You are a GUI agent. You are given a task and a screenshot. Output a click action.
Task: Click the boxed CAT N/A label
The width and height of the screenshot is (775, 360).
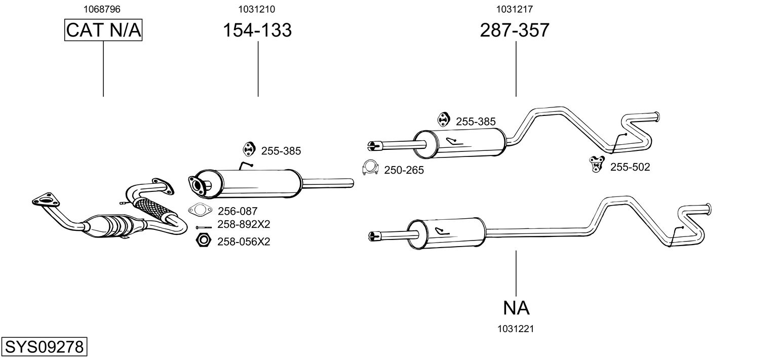pyautogui.click(x=103, y=30)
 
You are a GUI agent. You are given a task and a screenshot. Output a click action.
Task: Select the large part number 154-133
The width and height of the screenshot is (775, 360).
pyautogui.click(x=257, y=30)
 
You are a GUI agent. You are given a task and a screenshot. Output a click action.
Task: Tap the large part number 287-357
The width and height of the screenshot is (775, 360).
pyautogui.click(x=515, y=30)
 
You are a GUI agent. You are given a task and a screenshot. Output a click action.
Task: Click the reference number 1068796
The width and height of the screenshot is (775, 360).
pyautogui.click(x=102, y=9)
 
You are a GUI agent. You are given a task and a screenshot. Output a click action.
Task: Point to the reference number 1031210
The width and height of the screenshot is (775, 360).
pyautogui.click(x=256, y=9)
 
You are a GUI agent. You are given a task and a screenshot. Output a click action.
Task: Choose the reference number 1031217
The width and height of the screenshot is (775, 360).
pyautogui.click(x=515, y=9)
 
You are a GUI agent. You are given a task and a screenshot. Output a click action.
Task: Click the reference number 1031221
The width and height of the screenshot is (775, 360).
pyautogui.click(x=516, y=329)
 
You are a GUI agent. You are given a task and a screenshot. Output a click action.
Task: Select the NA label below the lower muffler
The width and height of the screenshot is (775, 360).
pyautogui.click(x=516, y=308)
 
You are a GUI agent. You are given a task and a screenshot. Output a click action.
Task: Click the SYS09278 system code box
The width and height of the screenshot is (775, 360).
pyautogui.click(x=44, y=346)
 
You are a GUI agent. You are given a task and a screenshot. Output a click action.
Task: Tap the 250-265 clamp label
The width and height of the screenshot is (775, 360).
pyautogui.click(x=404, y=170)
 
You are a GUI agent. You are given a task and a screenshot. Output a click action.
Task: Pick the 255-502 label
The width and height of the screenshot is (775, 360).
pyautogui.click(x=630, y=167)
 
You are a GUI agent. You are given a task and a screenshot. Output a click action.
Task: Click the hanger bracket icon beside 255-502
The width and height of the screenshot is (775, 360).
pyautogui.click(x=597, y=164)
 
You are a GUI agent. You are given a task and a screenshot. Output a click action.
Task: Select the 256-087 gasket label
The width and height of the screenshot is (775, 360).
pyautogui.click(x=238, y=211)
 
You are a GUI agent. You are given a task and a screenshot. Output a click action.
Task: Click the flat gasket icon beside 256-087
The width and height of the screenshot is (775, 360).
pyautogui.click(x=200, y=210)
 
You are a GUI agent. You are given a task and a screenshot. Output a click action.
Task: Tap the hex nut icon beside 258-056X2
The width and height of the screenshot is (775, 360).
pyautogui.click(x=203, y=241)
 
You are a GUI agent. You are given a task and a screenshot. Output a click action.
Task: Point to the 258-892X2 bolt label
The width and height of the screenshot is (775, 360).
pyautogui.click(x=244, y=224)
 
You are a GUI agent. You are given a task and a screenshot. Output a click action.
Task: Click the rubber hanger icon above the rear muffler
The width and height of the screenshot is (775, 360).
pyautogui.click(x=443, y=119)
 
